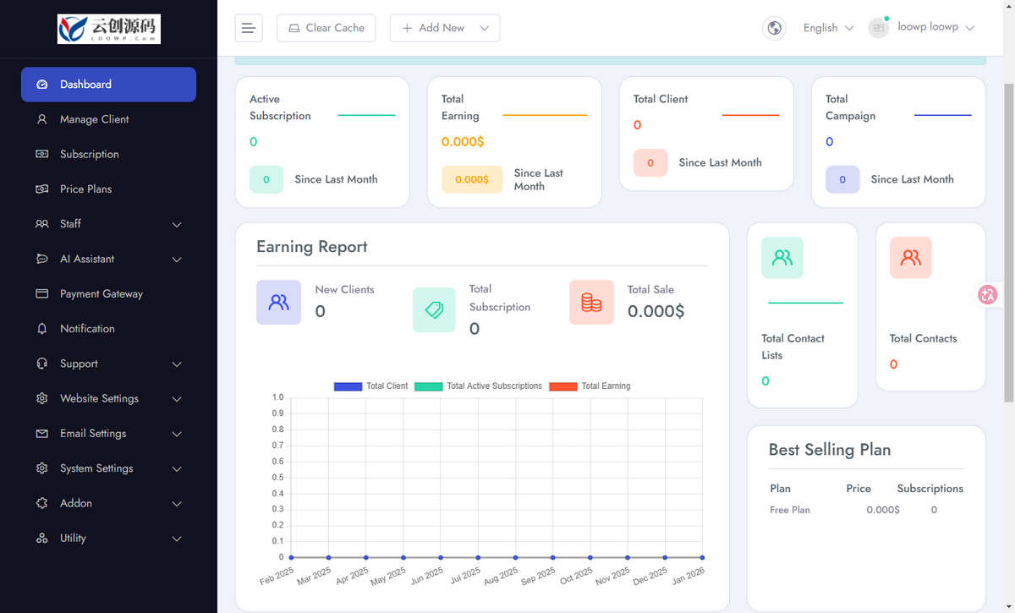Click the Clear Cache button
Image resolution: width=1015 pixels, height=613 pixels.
[326, 28]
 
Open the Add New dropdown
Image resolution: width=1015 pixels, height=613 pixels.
[445, 28]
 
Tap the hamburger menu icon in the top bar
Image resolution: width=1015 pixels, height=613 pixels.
[249, 28]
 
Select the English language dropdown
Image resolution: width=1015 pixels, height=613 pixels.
[828, 28]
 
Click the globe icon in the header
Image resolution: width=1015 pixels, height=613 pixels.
[774, 28]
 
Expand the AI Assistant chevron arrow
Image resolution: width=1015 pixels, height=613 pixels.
[177, 260]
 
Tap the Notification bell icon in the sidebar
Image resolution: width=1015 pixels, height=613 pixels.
[41, 328]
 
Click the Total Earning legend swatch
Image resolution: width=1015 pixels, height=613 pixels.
[562, 386]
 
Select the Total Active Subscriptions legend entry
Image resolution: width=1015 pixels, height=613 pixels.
[478, 386]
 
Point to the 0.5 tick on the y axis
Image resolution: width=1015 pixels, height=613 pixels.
[277, 477]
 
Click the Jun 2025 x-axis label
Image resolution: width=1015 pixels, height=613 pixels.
[427, 576]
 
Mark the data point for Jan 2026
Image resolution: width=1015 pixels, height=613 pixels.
[702, 557]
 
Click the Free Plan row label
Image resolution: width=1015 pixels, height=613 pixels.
[790, 510]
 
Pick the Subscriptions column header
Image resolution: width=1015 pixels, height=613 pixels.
[930, 489]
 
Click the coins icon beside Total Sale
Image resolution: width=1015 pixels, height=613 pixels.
[591, 302]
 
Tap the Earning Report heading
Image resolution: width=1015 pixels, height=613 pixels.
[312, 247]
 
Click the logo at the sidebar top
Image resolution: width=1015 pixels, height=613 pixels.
[109, 29]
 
